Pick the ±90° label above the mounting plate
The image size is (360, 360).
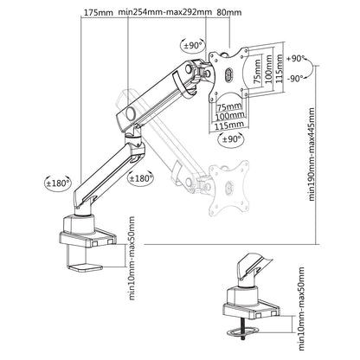coord(193,45)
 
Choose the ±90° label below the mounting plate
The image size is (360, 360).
coord(230,138)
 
